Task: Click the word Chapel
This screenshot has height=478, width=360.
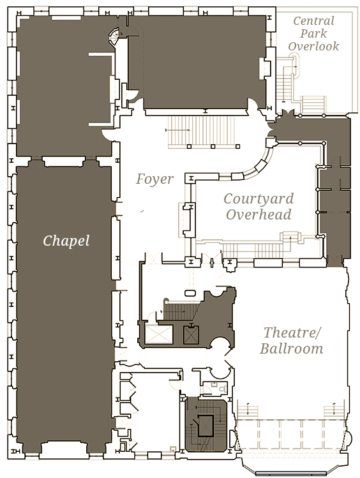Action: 66,241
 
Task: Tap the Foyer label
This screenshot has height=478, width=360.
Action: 154,179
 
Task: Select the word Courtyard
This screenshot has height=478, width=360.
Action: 259,199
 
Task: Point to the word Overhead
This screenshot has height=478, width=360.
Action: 259,214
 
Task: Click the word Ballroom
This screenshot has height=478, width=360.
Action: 292,348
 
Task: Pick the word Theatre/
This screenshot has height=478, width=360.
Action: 292,332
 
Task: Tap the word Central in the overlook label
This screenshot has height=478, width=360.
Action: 313,21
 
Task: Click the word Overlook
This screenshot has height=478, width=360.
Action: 313,47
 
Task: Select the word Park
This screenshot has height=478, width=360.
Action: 313,34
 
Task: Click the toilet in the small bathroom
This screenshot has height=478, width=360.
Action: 223,388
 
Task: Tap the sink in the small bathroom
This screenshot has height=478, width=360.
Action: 214,384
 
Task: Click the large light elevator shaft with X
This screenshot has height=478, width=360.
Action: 159,334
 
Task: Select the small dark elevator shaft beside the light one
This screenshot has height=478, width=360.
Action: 191,335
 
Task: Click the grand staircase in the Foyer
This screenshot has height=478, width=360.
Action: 204,131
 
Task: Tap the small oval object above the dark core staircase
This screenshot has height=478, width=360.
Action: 191,294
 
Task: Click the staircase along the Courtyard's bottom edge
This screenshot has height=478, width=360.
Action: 253,250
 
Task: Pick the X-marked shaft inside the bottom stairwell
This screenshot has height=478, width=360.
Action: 206,425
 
